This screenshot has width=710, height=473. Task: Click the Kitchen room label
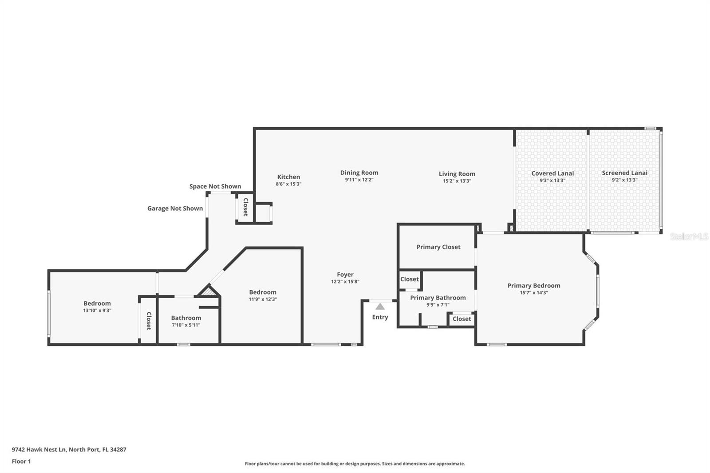click(x=288, y=177)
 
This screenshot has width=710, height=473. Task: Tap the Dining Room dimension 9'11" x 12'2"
click(x=359, y=180)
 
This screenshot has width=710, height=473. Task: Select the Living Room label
click(x=457, y=174)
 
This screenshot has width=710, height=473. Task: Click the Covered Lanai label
click(x=552, y=173)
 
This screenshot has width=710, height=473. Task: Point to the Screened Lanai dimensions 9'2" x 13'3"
click(x=624, y=180)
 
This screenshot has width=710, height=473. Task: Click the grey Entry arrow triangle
click(x=380, y=307)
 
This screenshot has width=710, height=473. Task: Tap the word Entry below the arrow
click(x=380, y=317)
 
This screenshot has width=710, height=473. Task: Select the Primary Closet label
click(x=438, y=247)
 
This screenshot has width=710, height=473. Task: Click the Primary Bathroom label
click(x=438, y=297)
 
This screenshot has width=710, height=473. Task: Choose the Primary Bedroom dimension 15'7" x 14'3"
click(x=534, y=292)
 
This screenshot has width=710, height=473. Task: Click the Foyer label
click(x=345, y=275)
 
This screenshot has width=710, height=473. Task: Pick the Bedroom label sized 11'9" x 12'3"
click(x=262, y=292)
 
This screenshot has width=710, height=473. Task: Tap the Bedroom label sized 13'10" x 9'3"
click(x=97, y=304)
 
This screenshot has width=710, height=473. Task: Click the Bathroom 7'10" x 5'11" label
click(x=186, y=318)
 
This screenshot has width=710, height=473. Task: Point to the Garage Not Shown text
click(x=175, y=208)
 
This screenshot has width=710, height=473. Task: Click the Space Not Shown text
click(x=215, y=186)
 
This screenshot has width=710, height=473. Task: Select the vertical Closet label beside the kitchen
click(x=245, y=207)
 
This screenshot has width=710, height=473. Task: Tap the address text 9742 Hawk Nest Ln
click(x=69, y=449)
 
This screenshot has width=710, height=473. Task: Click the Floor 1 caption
click(x=21, y=461)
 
